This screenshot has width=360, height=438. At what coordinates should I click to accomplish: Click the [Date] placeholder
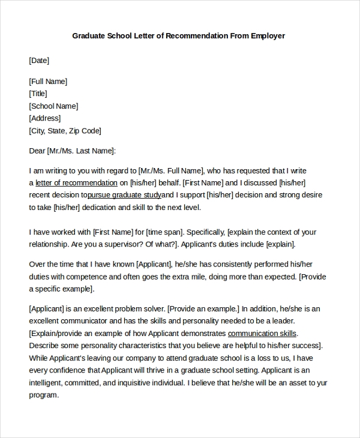pos(39,60)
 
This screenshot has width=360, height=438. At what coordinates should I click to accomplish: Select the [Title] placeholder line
pos(38,94)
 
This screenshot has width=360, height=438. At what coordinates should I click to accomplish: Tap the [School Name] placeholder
pos(53,106)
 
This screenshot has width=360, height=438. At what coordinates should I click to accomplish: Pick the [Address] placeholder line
pos(44,118)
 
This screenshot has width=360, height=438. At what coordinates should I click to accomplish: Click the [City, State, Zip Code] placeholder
pos(65,131)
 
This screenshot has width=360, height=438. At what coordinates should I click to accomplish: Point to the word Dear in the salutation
pos(37,151)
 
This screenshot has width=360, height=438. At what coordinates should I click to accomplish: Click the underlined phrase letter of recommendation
pos(76,182)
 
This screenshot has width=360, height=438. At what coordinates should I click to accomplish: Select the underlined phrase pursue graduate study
pos(124,195)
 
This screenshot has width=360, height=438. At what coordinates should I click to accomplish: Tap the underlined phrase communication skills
pos(262,333)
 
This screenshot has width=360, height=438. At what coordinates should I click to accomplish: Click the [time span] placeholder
pos(162,232)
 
